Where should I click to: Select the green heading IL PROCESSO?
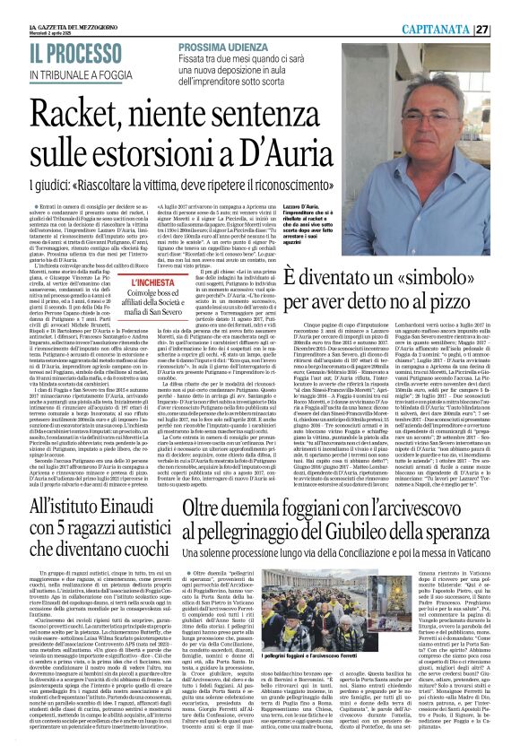(61, 54)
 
